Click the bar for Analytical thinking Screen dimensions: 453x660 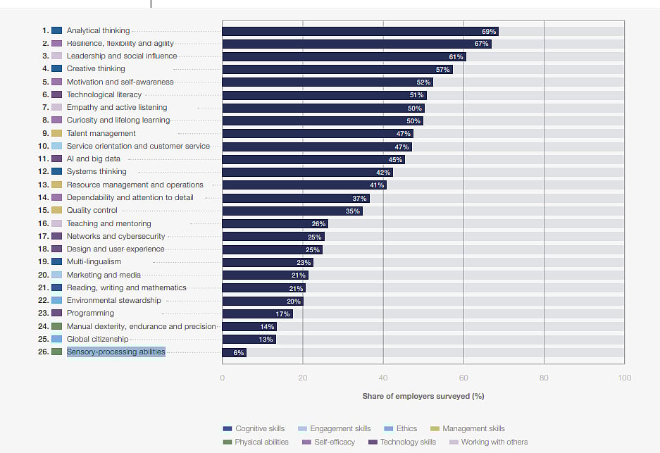360,31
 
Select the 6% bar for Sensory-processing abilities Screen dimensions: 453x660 234,352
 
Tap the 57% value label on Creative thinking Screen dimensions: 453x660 442,70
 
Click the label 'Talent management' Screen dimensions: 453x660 101,133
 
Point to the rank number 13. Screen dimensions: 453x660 43,185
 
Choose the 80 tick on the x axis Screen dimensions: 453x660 544,378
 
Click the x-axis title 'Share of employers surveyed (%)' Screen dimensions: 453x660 423,396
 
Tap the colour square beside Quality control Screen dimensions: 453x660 57,211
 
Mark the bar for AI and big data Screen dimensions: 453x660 313,159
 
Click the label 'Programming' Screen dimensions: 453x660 90,313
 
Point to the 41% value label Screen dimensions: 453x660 377,185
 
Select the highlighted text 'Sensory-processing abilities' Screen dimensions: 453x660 116,352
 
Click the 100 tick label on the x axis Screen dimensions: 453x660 624,378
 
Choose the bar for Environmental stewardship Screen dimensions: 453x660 262,301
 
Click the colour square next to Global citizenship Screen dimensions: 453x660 57,339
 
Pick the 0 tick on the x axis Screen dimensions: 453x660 223,378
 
